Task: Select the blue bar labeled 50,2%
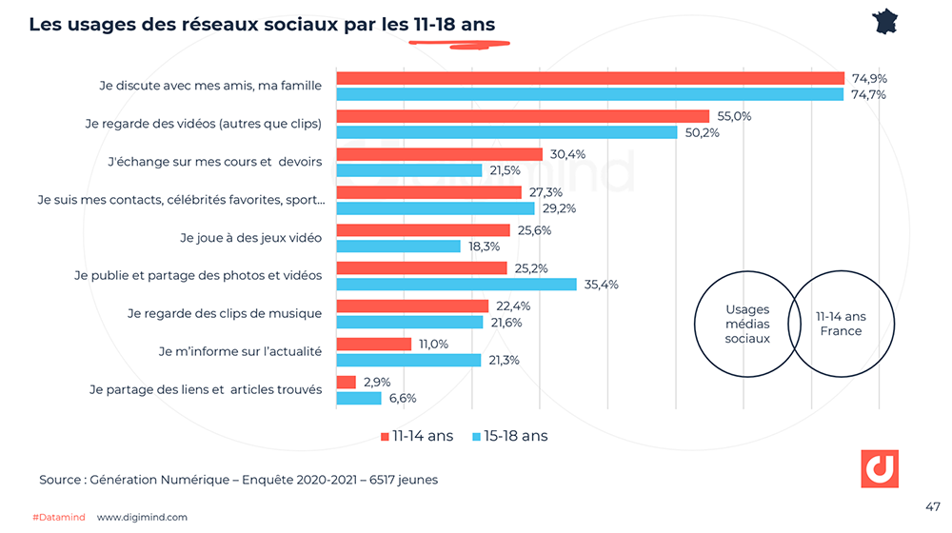tap(506, 132)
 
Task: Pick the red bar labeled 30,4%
tap(440, 154)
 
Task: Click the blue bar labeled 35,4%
tap(457, 284)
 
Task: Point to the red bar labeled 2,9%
tap(347, 382)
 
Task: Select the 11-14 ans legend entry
tap(417, 436)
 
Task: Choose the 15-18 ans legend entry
tap(509, 436)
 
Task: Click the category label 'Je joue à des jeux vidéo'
tap(250, 237)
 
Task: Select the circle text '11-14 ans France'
tap(841, 324)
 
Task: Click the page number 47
tap(932, 505)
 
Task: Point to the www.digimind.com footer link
tap(142, 517)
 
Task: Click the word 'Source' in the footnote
tap(60, 480)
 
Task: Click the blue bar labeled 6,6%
tap(359, 398)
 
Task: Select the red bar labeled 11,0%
tap(373, 344)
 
